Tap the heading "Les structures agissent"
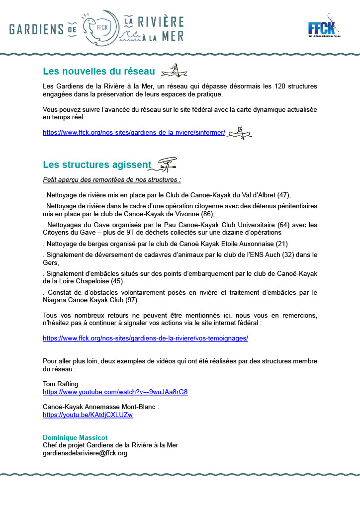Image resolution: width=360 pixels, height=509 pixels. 97,165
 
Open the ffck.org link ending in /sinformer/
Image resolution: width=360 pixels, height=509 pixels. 134,133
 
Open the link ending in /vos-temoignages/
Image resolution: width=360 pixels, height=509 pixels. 145,338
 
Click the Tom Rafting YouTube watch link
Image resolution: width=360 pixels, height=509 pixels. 115,392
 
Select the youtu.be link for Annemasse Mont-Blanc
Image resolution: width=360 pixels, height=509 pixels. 88,415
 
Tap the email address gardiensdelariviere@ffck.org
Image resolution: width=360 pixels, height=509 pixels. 85,453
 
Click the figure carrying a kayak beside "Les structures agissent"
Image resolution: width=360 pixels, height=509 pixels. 166,164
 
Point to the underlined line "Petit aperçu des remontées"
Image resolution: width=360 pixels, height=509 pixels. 112,179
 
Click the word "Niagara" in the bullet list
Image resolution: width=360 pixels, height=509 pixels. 56,300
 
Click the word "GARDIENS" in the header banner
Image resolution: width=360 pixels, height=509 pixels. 37,29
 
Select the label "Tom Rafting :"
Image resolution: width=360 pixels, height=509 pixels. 63,384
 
